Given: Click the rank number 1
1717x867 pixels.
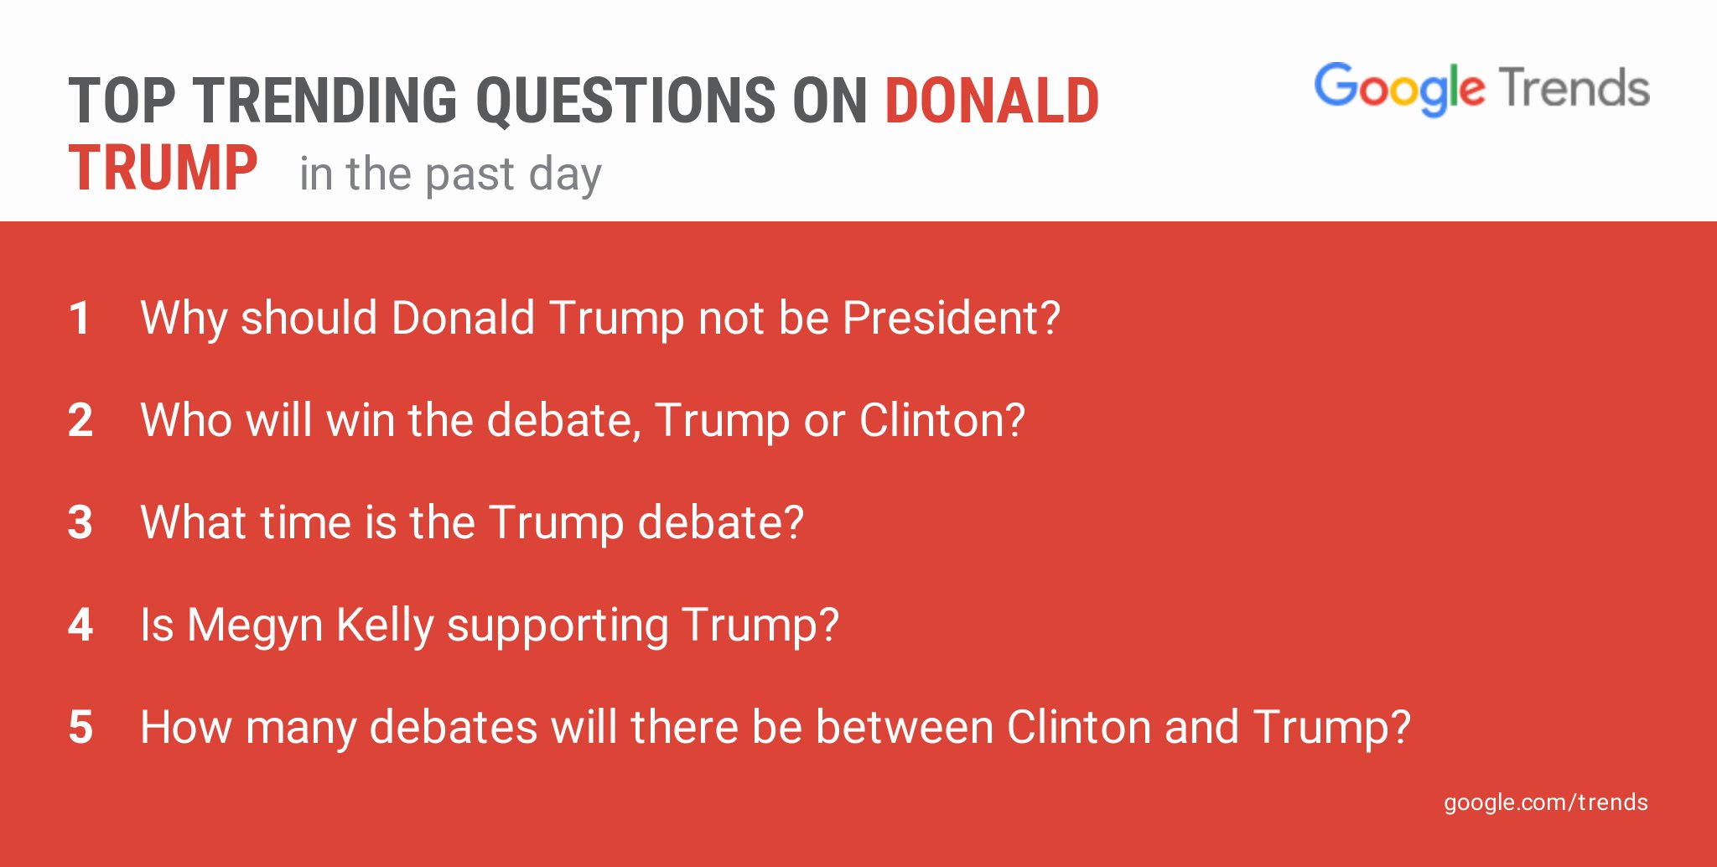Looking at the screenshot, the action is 80,319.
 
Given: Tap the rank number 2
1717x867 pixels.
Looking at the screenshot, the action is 80,421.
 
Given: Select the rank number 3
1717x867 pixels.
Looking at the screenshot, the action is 80,523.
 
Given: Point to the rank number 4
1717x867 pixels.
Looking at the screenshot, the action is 80,626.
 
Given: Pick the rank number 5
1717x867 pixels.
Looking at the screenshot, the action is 80,728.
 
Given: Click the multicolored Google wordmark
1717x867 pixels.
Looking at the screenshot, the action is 1399,89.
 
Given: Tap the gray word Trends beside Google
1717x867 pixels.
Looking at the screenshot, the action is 1574,88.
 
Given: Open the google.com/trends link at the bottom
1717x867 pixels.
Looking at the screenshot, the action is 1545,802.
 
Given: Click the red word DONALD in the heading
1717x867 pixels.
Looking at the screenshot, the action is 992,101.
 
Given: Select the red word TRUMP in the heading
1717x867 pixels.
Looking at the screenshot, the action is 163,169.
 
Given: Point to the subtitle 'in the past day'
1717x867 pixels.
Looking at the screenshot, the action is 450,175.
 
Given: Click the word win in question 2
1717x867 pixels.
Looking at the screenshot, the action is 361,421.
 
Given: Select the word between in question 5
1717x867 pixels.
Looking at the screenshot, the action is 905,728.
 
